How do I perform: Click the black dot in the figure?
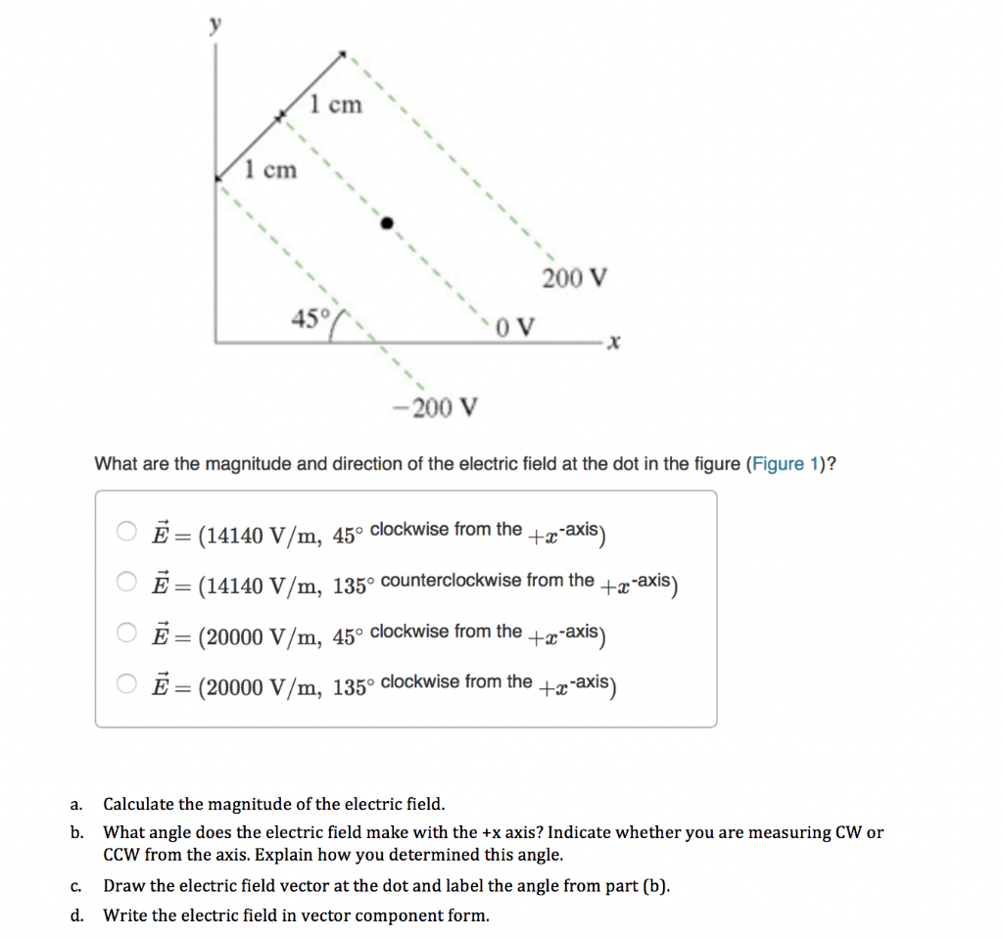point(387,223)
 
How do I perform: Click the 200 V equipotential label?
point(575,278)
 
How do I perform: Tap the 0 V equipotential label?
point(515,326)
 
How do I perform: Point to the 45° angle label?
point(310,317)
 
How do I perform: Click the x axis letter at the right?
point(615,344)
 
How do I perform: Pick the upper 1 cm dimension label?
point(335,104)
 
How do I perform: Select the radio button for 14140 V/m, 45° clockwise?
point(128,533)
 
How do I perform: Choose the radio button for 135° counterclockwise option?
point(128,584)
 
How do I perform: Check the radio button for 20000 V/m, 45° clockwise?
point(128,634)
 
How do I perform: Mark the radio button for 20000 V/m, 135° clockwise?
point(128,685)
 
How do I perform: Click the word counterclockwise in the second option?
point(451,580)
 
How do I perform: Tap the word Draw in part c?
point(122,887)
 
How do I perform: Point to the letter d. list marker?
point(75,916)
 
